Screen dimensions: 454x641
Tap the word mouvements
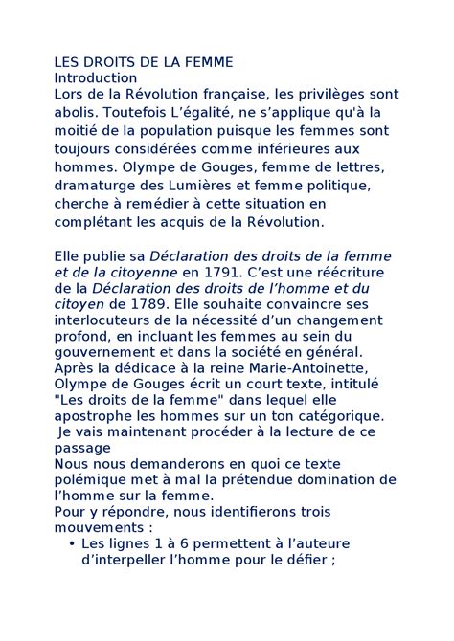click(x=93, y=527)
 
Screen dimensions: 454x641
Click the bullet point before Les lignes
click(x=74, y=544)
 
